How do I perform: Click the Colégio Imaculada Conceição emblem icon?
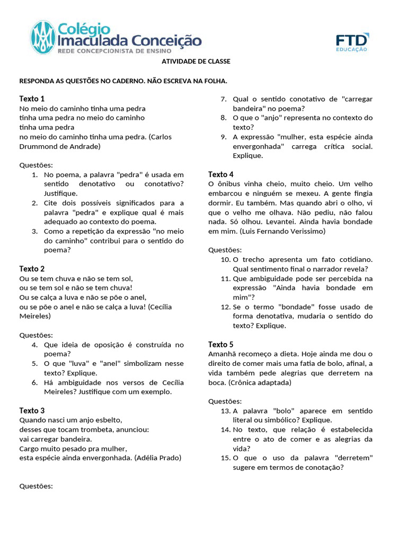tap(43, 38)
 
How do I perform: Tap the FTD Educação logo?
tap(352, 42)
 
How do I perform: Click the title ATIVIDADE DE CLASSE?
tap(196, 62)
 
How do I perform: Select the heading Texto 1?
tap(32, 99)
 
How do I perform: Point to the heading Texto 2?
tap(32, 269)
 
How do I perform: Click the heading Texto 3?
tap(32, 410)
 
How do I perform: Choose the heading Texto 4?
tap(221, 174)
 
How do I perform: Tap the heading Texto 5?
tap(221, 344)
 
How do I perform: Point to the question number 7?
tap(224, 99)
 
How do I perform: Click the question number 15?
tap(225, 458)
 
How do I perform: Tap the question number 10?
tap(225, 259)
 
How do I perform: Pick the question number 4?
tap(34, 345)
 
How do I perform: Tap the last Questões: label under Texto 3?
tap(36, 486)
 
